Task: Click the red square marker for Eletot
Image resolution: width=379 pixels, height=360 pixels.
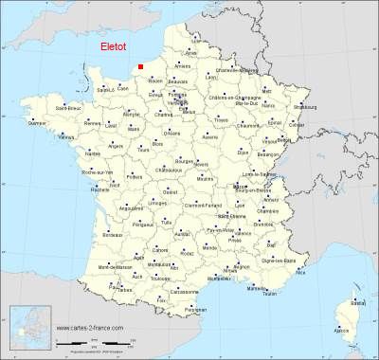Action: click(140, 66)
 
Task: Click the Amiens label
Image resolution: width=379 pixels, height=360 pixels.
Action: click(183, 66)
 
